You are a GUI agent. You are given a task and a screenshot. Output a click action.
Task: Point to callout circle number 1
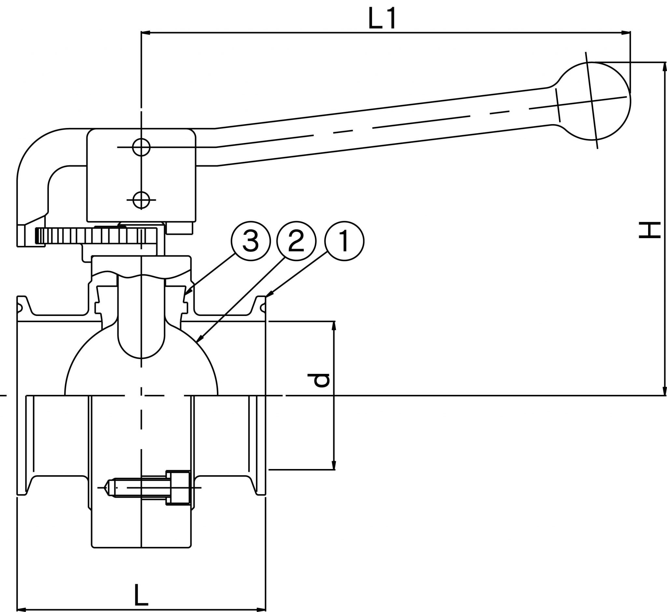point(345,241)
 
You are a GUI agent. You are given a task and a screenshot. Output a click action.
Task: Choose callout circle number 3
point(251,241)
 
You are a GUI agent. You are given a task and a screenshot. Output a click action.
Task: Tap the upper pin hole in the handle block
point(141,147)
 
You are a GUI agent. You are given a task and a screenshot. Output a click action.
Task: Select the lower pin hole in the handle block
point(141,200)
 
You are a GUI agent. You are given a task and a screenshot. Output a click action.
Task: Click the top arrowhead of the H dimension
point(664,66)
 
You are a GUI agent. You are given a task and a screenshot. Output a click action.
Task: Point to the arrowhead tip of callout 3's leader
point(185,294)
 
